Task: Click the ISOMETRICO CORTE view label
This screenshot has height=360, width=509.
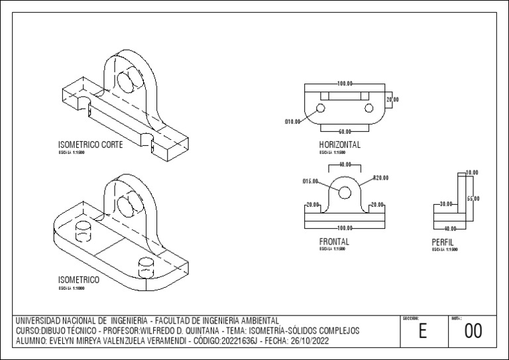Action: point(90,145)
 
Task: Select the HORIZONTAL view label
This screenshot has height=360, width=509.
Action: point(339,145)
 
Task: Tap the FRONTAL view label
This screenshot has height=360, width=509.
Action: point(334,242)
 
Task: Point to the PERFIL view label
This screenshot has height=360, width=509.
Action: point(442,243)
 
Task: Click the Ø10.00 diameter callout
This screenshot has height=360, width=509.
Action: point(292,122)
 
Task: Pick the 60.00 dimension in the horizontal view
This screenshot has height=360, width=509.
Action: point(345,131)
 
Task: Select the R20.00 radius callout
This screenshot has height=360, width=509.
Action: point(380,178)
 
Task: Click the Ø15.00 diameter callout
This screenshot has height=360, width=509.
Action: point(310,181)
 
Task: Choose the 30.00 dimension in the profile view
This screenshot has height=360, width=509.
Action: point(445,204)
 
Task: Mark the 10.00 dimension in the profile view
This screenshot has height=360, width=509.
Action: point(471,172)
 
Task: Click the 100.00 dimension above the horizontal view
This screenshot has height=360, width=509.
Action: point(345,84)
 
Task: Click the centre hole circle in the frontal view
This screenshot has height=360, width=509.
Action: point(345,192)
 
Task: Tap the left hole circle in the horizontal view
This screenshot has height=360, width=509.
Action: point(321,107)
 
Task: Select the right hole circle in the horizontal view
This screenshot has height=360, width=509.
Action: point(368,107)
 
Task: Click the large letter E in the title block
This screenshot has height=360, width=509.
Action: point(422,331)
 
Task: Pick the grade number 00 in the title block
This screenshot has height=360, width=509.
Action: point(473,331)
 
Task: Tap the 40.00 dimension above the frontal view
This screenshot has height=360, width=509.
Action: point(345,164)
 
